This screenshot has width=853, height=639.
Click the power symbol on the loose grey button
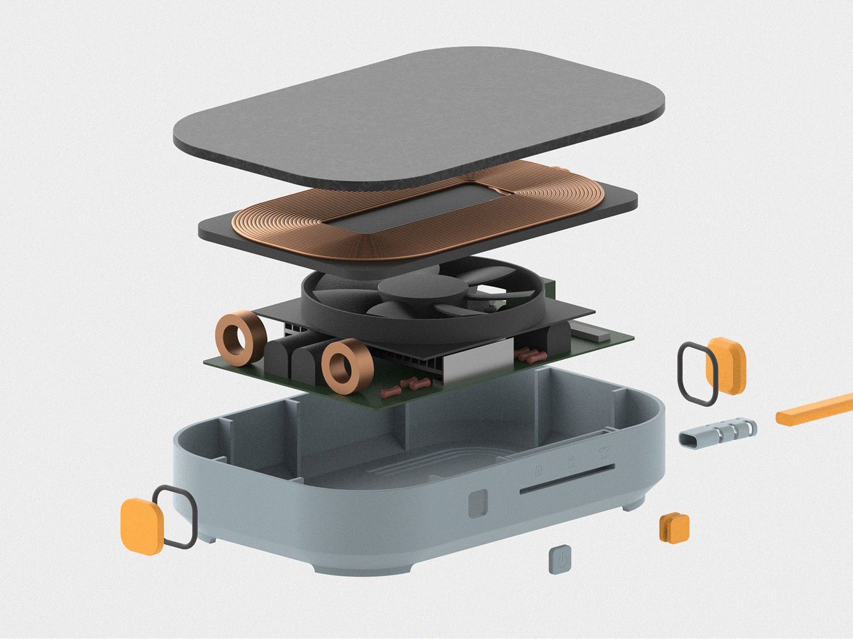coord(561,559)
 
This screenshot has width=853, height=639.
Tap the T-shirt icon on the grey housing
coord(603,453)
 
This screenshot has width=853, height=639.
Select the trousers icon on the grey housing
coord(539,470)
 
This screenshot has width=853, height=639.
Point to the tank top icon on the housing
coord(571,462)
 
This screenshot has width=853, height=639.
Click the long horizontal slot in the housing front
coord(567,480)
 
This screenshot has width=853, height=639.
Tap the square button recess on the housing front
coord(478,504)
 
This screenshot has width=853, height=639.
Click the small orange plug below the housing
coord(674,528)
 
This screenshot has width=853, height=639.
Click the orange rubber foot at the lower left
coord(141,526)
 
